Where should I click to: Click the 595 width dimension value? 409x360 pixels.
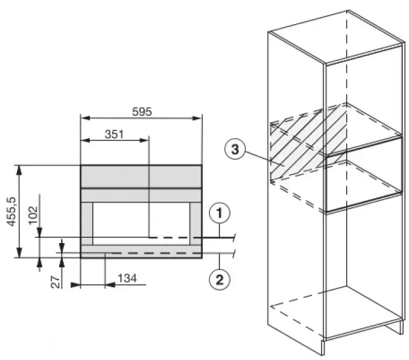(142, 112)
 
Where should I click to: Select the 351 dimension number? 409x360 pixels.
(114, 134)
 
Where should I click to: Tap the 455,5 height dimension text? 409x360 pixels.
(12, 211)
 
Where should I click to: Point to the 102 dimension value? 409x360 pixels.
(33, 216)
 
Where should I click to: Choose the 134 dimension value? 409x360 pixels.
(127, 278)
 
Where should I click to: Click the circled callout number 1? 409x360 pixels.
(219, 213)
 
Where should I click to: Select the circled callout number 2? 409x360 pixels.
(219, 280)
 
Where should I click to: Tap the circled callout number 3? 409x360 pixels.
(235, 150)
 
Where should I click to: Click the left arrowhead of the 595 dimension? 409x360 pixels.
(85, 118)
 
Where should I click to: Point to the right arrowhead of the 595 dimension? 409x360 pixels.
(197, 118)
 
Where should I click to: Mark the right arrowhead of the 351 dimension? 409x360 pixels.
(144, 140)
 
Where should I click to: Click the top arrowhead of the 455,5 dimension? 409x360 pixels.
(19, 170)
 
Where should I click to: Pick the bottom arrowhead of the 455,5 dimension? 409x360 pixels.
(19, 253)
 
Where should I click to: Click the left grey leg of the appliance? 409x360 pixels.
(87, 224)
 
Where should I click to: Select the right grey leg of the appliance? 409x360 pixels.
(195, 224)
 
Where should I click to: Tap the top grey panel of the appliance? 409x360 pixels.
(141, 176)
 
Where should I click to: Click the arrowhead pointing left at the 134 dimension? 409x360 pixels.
(110, 285)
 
